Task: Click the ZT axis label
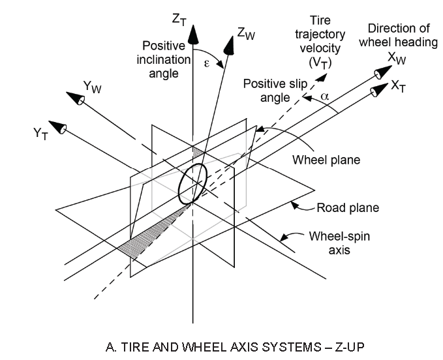[179, 20]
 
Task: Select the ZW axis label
[246, 34]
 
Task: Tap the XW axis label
[397, 59]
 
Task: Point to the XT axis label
[399, 85]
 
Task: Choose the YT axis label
[40, 133]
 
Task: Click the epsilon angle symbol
[207, 64]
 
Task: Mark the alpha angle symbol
[325, 97]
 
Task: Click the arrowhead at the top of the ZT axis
[193, 34]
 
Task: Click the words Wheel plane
[326, 160]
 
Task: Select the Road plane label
[348, 208]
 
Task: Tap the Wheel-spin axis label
[340, 243]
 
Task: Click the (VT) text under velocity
[320, 63]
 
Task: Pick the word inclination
[164, 59]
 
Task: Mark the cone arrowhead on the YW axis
[76, 98]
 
